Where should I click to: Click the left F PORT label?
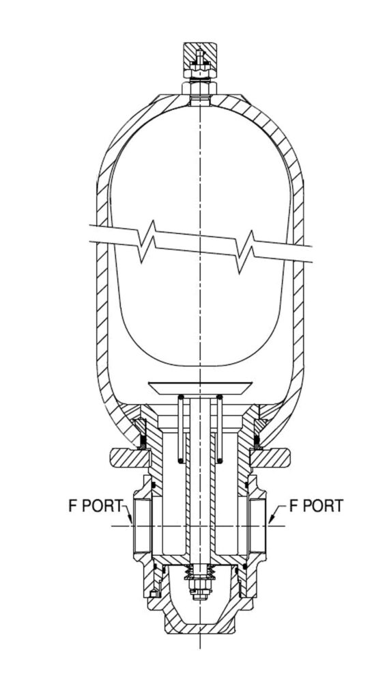95,505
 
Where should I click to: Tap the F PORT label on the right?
317,505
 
